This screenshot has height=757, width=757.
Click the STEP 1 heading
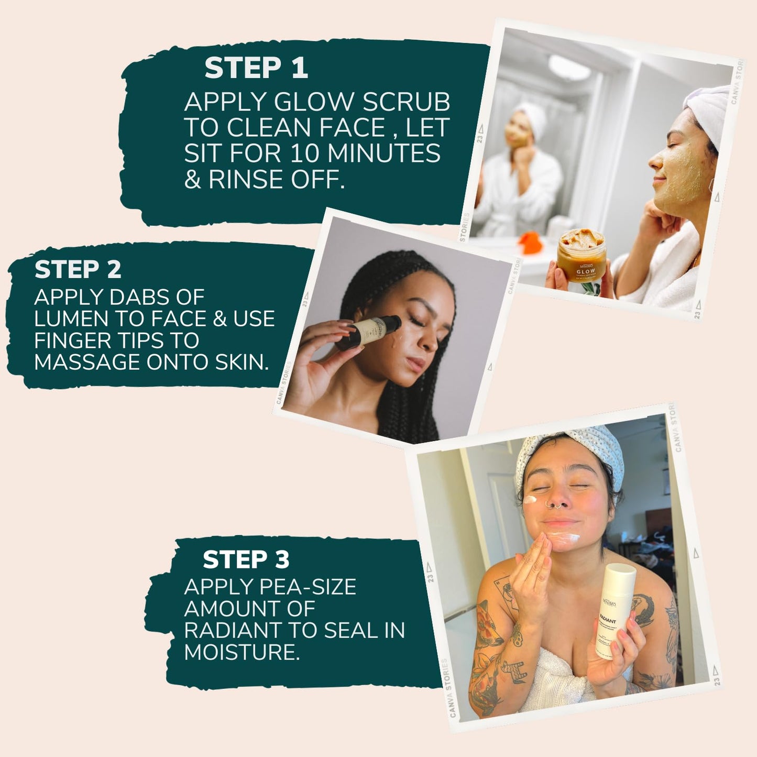click(256, 68)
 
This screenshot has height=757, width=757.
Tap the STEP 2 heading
click(78, 270)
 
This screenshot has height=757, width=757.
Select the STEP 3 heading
click(246, 559)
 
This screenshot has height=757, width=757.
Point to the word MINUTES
click(383, 153)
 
